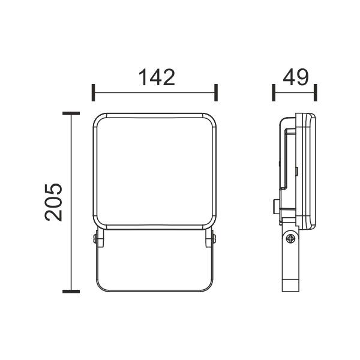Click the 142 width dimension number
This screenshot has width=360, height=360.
[157, 77]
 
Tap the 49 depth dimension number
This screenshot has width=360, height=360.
[296, 77]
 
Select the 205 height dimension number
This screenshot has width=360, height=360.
[53, 202]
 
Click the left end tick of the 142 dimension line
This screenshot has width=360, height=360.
[93, 92]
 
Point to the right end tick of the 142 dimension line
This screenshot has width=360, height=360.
[216, 92]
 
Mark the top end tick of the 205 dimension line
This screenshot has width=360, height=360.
[71, 113]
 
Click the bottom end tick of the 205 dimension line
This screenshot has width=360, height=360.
[71, 292]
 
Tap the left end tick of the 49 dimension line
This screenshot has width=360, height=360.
[274, 92]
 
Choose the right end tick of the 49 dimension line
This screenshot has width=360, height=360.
[316, 92]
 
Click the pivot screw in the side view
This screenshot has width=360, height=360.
[290, 239]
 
